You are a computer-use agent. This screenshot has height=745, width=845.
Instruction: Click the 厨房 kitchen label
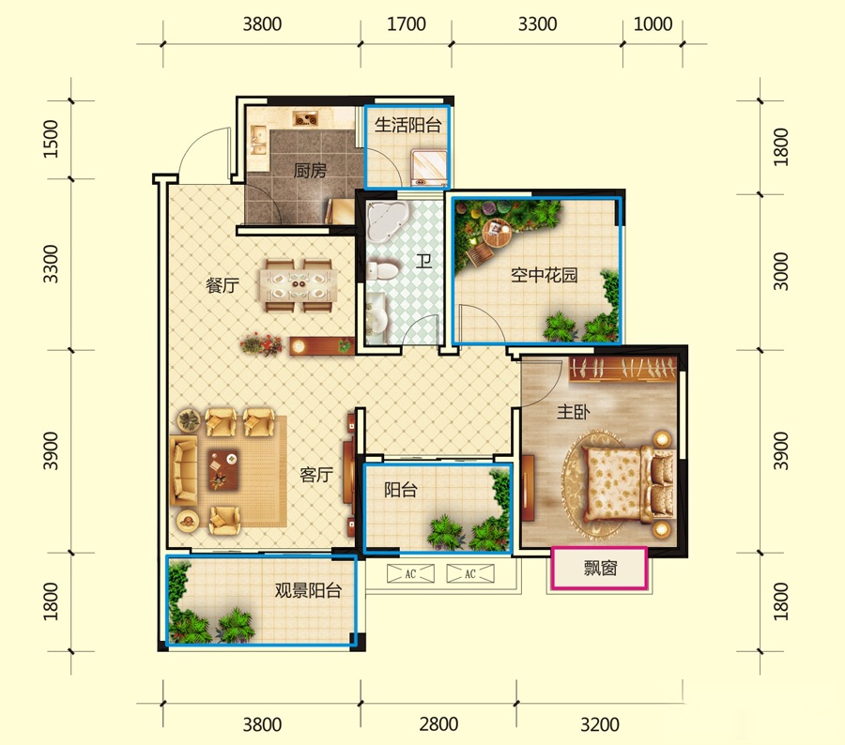coord(310,171)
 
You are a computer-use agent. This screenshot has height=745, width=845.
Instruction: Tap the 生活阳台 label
coord(408,125)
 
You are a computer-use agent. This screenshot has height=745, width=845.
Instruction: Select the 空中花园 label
coord(545,275)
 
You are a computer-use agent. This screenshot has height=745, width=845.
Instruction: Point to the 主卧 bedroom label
coord(573,412)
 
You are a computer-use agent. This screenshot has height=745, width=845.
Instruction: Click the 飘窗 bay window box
coord(599,569)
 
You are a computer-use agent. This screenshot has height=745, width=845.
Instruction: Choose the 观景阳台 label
coord(308,590)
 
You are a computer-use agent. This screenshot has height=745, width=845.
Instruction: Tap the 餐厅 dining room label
coord(222,285)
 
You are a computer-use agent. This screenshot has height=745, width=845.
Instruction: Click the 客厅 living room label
coord(316,475)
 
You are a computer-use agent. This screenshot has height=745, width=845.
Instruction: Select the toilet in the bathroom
coord(382,270)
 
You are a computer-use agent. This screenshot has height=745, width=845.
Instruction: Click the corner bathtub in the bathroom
coord(386,220)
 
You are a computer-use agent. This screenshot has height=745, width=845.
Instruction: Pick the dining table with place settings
coord(299,285)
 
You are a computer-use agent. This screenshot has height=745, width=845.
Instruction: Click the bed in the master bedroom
coord(628,485)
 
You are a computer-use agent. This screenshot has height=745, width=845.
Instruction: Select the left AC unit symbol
coord(410,573)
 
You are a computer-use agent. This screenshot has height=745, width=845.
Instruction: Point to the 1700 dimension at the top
coord(407,24)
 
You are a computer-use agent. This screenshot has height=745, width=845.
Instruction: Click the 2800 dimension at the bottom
coord(438,724)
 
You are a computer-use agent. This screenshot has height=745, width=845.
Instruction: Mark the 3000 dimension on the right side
coord(781,271)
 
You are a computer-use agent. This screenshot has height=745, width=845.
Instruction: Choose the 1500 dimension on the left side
coord(51,139)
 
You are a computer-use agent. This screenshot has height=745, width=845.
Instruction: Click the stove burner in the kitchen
coord(305,118)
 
